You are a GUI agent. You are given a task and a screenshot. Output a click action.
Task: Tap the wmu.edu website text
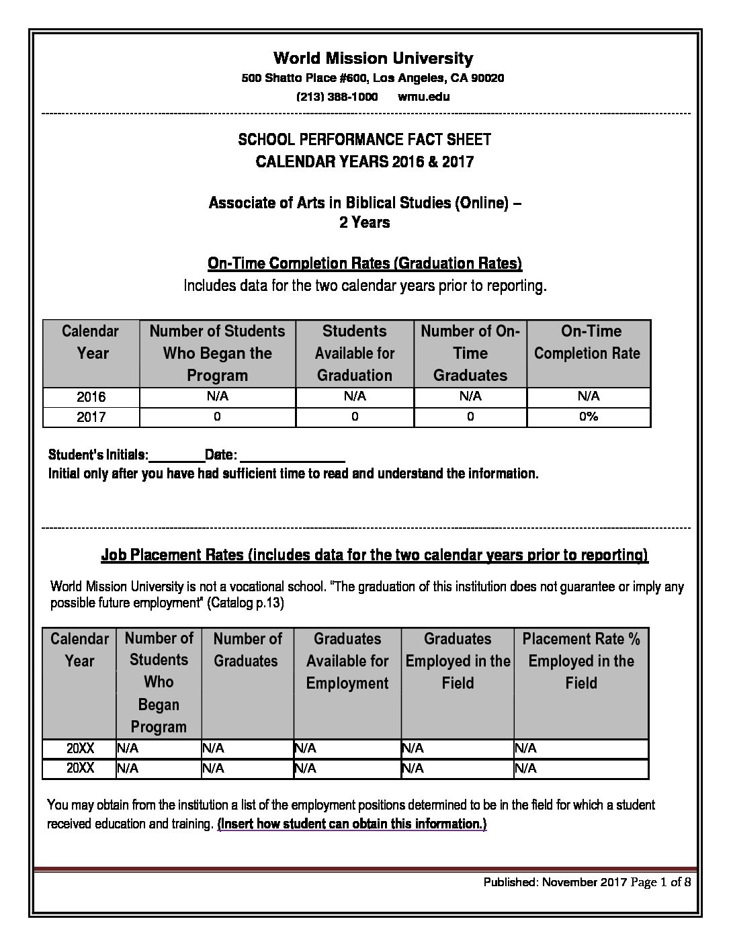(423, 96)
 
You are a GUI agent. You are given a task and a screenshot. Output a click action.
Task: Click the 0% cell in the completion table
(589, 417)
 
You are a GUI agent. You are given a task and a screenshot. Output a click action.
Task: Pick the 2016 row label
(91, 396)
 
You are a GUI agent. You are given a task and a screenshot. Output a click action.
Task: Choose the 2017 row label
(91, 417)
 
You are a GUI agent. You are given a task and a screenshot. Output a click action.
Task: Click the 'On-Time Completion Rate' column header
(588, 342)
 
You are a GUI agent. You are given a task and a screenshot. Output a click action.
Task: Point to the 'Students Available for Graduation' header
(354, 353)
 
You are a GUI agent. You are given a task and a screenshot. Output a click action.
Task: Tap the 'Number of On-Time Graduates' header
(470, 353)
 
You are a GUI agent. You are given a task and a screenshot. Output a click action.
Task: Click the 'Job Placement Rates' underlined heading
(374, 555)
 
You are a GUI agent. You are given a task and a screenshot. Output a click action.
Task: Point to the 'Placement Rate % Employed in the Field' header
(581, 660)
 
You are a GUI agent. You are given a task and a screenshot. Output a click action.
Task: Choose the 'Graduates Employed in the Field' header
(458, 660)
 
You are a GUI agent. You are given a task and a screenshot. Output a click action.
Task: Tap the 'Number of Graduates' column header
(247, 650)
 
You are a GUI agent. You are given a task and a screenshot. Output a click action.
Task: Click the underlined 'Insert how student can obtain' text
(351, 824)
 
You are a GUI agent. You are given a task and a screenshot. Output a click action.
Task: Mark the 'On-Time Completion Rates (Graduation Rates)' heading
(365, 263)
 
